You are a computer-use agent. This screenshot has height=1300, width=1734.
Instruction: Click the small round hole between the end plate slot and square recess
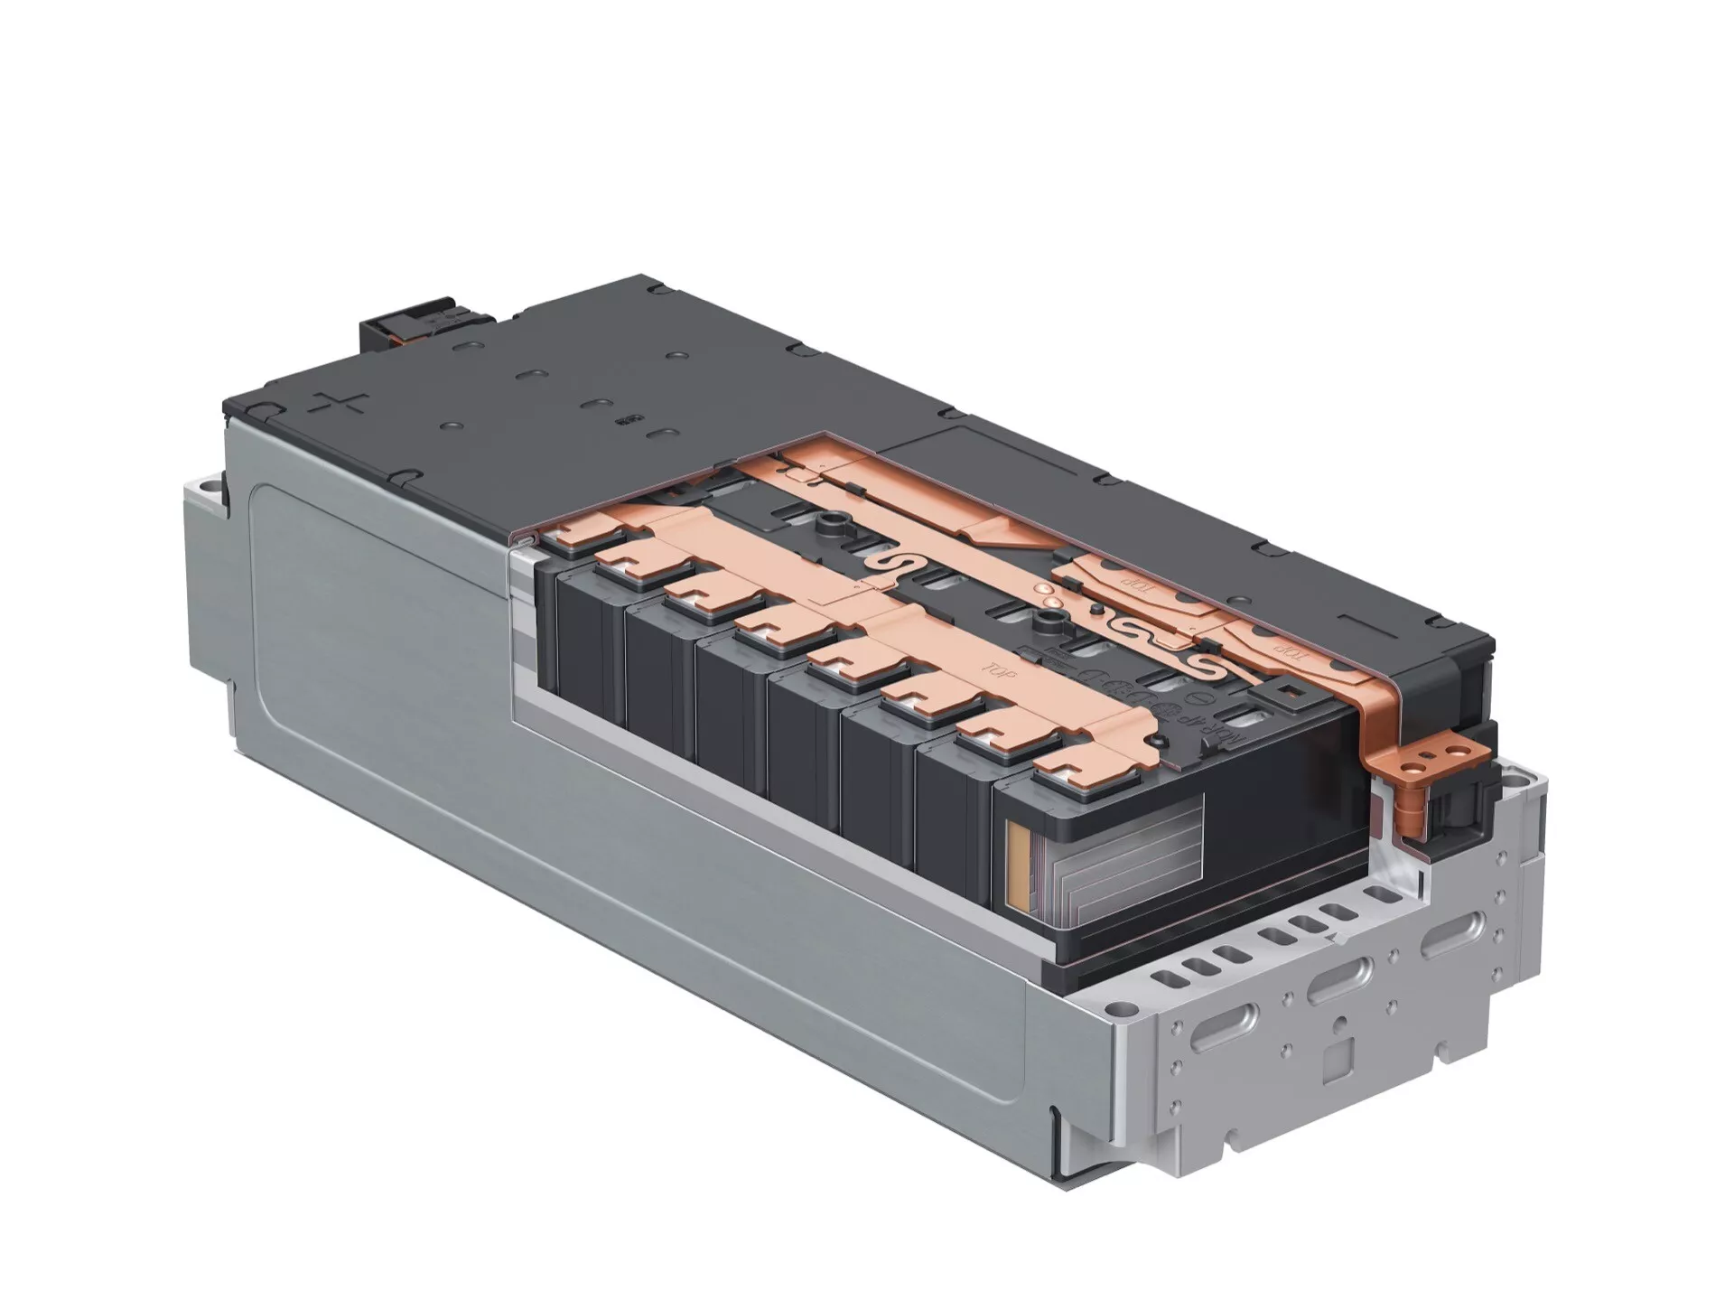[x=1339, y=1023]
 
